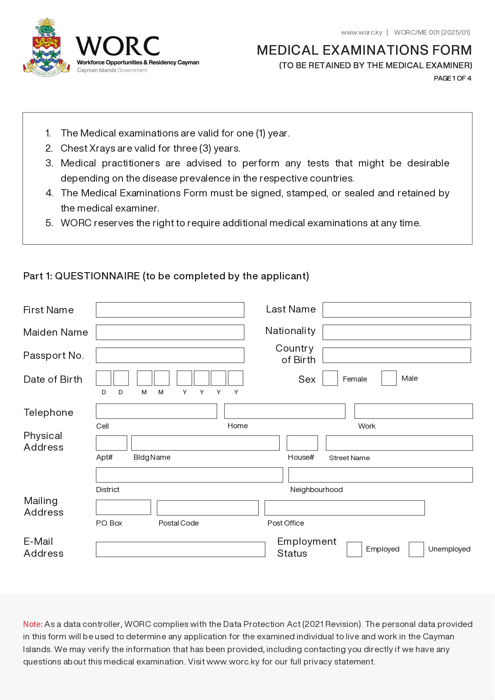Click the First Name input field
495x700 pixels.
(170, 310)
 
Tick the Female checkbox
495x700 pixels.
(330, 378)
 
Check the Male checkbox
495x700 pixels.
(389, 378)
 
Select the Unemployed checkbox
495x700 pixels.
(416, 549)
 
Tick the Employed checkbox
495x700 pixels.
(354, 549)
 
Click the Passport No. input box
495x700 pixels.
(170, 355)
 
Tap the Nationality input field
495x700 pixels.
(396, 332)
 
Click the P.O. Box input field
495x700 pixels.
(123, 507)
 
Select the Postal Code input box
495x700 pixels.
(207, 508)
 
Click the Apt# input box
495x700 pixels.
(111, 443)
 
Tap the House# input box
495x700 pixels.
(302, 443)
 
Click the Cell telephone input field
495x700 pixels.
(156, 411)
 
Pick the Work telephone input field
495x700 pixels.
(413, 411)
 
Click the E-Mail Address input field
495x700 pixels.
(180, 549)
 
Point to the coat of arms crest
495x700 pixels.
(47, 48)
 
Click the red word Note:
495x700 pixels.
(33, 624)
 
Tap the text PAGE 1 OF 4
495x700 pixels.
(452, 78)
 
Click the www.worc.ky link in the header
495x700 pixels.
(361, 32)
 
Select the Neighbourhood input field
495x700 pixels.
(380, 475)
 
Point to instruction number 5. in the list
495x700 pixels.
(49, 223)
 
